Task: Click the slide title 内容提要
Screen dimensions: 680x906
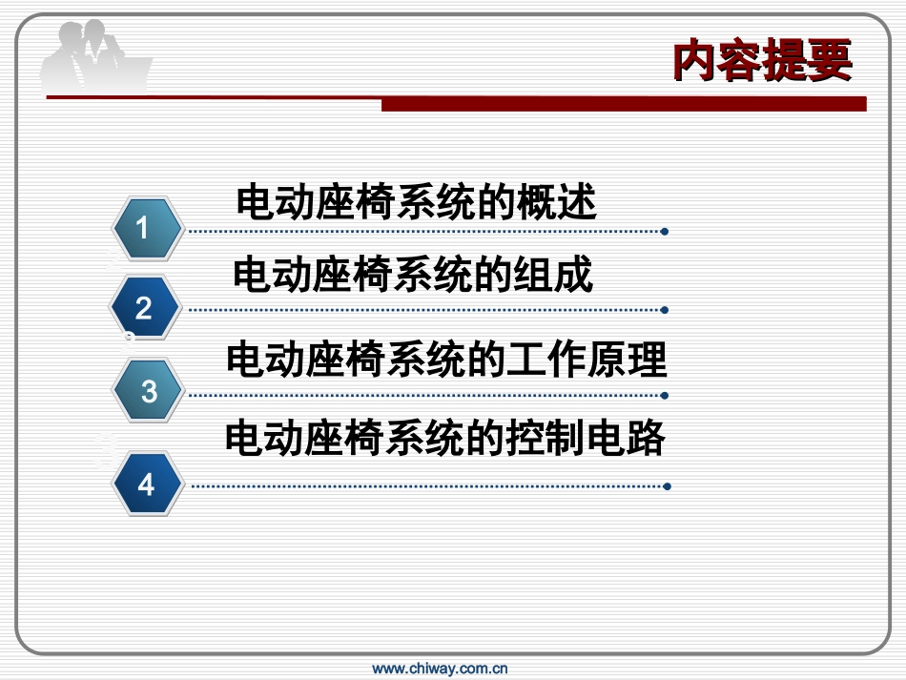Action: tap(761, 63)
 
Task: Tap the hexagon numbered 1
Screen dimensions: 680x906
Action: tap(146, 229)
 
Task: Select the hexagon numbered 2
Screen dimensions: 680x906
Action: tap(145, 308)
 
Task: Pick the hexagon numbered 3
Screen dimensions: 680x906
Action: tap(148, 391)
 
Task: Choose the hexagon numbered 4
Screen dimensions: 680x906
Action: tap(146, 484)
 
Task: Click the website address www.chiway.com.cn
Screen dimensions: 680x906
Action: tap(440, 669)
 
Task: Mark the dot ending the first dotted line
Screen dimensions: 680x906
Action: tap(665, 231)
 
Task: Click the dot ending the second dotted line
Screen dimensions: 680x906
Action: tap(665, 310)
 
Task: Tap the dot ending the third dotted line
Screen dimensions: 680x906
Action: tap(665, 395)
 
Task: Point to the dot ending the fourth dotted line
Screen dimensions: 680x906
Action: tap(667, 486)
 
